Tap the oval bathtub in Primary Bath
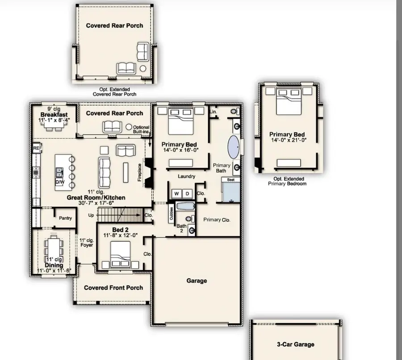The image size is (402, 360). [x=234, y=147]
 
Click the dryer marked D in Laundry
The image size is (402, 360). [x=187, y=193]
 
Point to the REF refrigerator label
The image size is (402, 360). [x=37, y=148]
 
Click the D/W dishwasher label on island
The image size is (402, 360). [x=59, y=182]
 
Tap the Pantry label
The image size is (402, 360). [x=66, y=218]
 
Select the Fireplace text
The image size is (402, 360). [x=139, y=172]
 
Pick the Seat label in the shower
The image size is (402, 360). [x=231, y=180]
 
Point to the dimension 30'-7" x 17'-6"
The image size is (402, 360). [x=96, y=203]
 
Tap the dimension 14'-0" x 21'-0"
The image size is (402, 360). [x=287, y=140]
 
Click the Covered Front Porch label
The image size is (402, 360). [x=113, y=288]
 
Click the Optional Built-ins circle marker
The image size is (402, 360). [x=129, y=127]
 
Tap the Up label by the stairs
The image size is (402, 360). [x=91, y=215]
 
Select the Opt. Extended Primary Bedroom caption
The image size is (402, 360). [x=287, y=181]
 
